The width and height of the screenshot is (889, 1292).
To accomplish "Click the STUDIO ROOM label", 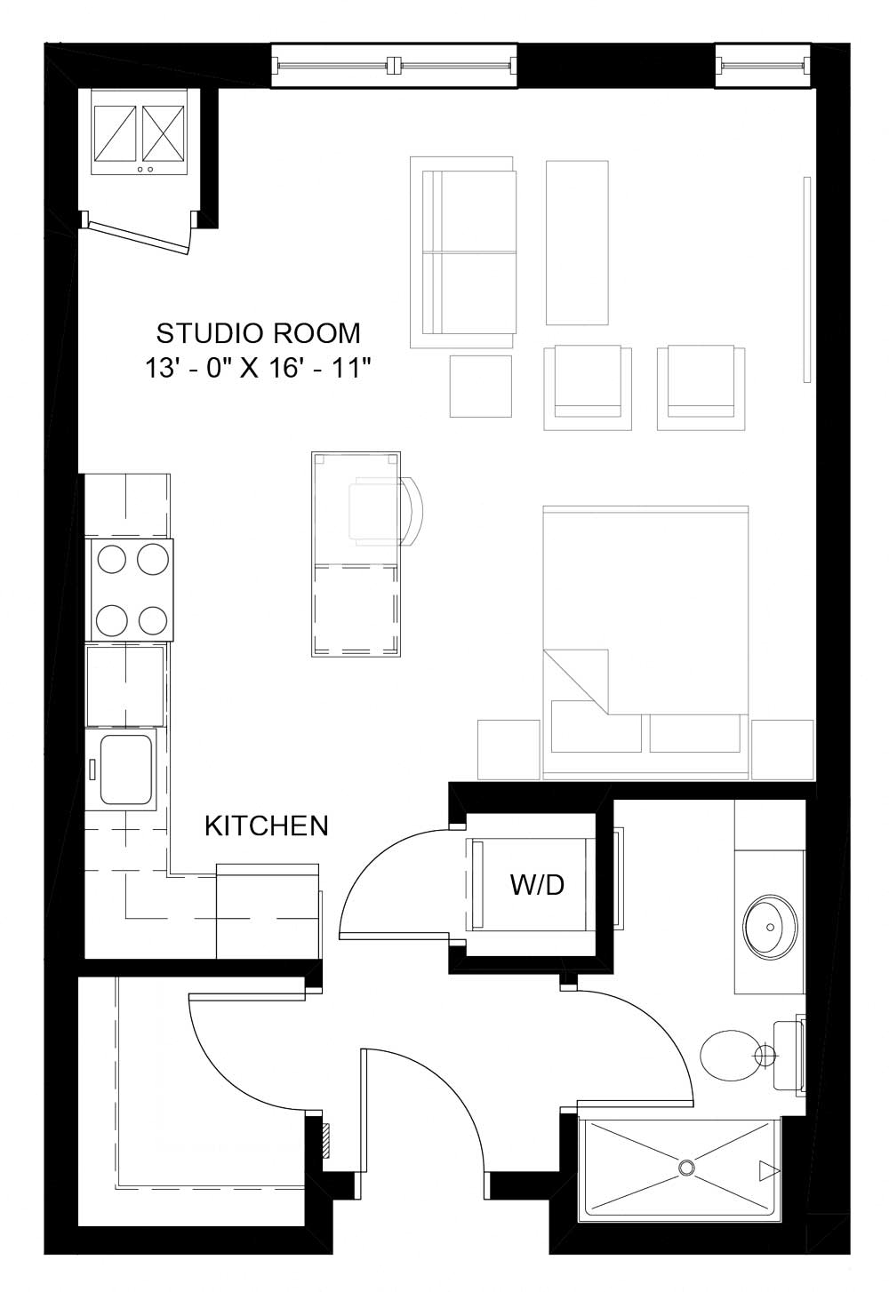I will [x=259, y=333].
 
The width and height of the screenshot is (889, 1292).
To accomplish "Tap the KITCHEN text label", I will [x=267, y=826].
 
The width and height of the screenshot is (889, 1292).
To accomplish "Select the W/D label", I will [x=537, y=885].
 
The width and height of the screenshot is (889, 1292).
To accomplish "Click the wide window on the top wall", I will [x=394, y=65].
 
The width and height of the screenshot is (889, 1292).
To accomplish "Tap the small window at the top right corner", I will [x=765, y=65].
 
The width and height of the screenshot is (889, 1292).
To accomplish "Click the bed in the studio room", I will [x=645, y=640].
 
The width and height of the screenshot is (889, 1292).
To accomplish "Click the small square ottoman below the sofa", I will [x=481, y=386].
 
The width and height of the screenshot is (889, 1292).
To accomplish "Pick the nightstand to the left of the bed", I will [x=509, y=749].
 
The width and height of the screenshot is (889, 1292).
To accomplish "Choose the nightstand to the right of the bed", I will [x=782, y=749].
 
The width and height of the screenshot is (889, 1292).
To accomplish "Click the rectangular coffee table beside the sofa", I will [x=577, y=243].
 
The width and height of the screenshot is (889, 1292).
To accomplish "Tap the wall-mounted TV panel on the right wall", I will [x=807, y=280].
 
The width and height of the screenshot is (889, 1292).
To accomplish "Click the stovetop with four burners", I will [x=132, y=589].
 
